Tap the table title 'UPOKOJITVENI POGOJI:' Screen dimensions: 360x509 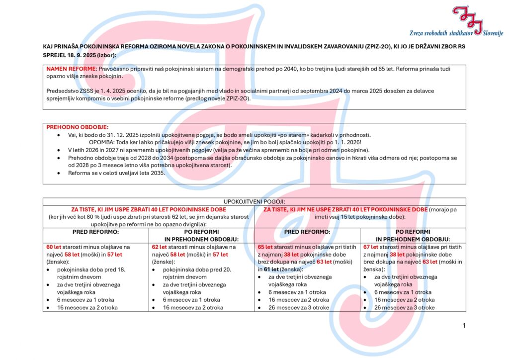point(254,202)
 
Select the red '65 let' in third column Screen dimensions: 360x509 point(265,247)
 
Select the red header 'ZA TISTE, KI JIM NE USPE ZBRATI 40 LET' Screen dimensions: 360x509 point(344,209)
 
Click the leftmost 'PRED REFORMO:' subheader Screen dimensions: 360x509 point(95,232)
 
